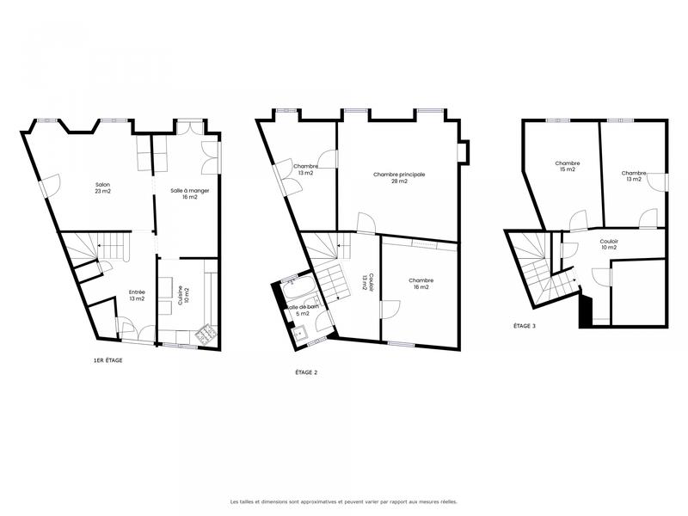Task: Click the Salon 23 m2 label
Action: (x=102, y=187)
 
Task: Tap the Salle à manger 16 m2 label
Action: (x=178, y=193)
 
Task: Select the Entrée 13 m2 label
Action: (x=137, y=295)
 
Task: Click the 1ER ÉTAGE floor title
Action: (x=107, y=360)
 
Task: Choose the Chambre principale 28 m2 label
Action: (x=399, y=177)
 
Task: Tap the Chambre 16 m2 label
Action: (x=421, y=284)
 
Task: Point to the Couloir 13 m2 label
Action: (x=365, y=282)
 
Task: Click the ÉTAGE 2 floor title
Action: (x=306, y=372)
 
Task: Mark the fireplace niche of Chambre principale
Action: (x=464, y=151)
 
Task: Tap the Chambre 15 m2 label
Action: (x=567, y=166)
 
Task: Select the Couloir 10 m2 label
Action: (x=610, y=245)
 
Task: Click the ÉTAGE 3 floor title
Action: (x=525, y=326)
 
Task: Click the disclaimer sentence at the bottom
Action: (x=343, y=501)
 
